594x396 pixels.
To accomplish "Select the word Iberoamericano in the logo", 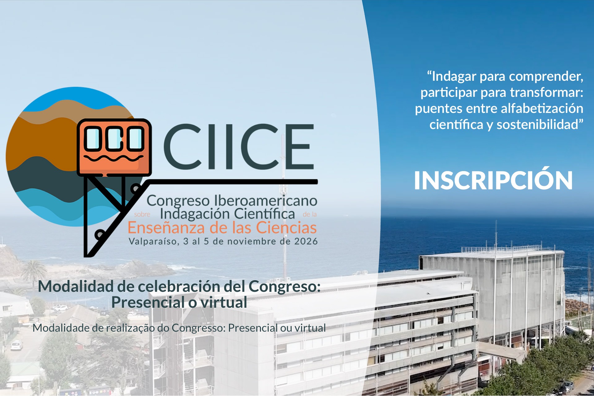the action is [x=266, y=201].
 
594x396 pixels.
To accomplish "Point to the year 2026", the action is [x=306, y=241].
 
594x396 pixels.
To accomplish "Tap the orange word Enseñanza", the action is [x=166, y=228].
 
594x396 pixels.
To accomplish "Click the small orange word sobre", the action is [x=142, y=214].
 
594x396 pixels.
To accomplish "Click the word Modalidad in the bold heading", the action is [x=76, y=286].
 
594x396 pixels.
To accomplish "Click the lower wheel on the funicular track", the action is [x=100, y=234].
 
